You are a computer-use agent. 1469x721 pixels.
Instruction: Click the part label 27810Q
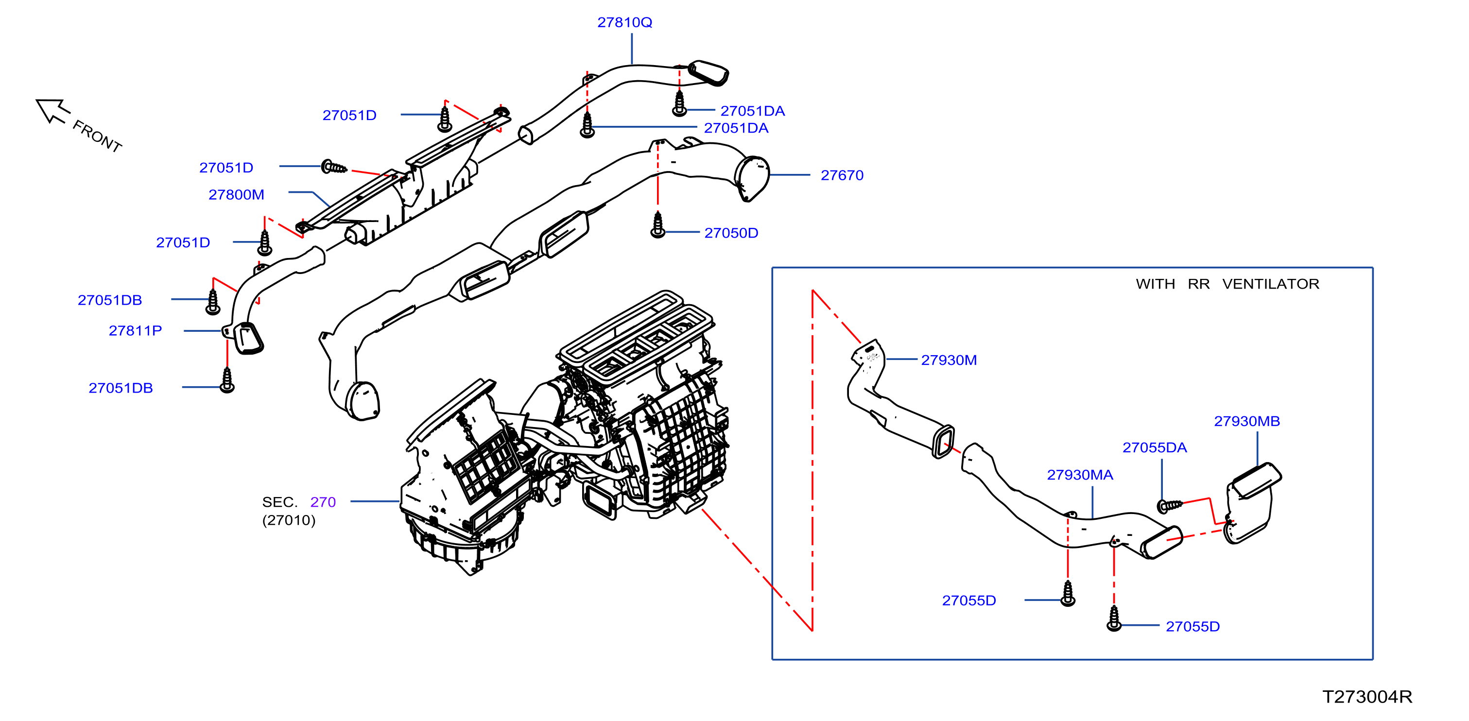(x=624, y=22)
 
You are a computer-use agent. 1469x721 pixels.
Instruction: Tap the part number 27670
(x=842, y=175)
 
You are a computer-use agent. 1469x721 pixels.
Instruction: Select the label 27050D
(x=731, y=233)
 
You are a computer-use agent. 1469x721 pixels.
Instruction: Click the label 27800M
(x=236, y=195)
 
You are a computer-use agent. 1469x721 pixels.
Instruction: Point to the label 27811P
(x=135, y=330)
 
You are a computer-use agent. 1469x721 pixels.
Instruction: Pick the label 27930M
(x=949, y=360)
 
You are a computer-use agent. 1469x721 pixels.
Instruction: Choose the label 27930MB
(x=1246, y=421)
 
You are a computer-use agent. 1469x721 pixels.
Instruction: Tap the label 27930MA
(x=1079, y=475)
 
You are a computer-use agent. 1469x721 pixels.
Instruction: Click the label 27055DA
(x=1154, y=447)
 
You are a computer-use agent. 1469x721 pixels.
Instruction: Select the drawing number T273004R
(x=1367, y=697)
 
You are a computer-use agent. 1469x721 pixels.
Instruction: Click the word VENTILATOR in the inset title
(x=1271, y=284)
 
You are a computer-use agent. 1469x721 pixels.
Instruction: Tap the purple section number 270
(x=323, y=502)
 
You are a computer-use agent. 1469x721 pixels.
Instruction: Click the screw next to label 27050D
(x=657, y=224)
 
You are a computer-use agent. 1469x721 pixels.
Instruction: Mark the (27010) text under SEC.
(x=289, y=520)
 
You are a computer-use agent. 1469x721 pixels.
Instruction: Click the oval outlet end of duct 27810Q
(x=709, y=73)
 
